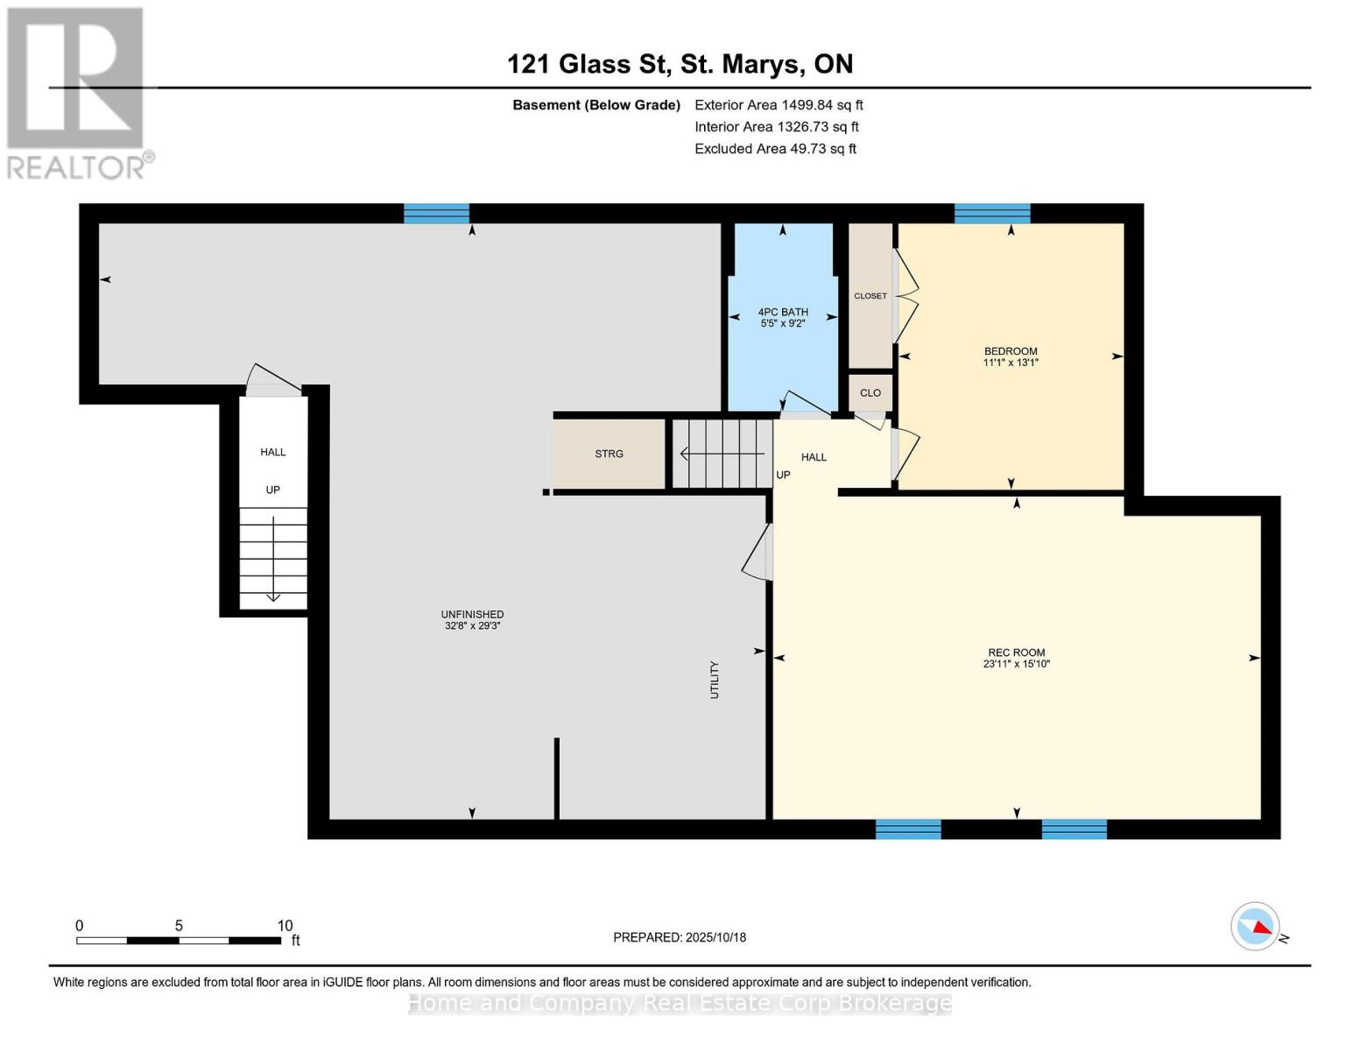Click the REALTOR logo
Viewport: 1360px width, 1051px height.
click(77, 92)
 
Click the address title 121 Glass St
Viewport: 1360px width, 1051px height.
click(680, 64)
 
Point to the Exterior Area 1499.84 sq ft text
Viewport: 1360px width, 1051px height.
click(779, 105)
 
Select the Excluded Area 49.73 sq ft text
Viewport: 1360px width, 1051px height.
click(775, 149)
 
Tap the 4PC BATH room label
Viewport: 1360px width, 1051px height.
click(783, 317)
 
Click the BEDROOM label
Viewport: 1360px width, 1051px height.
click(1011, 356)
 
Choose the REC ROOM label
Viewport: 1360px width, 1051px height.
click(1016, 658)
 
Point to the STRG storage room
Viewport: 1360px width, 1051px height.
click(609, 454)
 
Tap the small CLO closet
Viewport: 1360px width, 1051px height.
click(870, 392)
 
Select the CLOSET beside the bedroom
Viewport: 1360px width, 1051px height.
click(870, 296)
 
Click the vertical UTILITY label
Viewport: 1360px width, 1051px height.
click(715, 680)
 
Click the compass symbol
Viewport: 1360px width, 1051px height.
click(1256, 927)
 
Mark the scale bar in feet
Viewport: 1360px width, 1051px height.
click(179, 940)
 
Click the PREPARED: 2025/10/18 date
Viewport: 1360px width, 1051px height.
click(680, 937)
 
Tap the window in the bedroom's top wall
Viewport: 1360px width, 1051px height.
click(991, 214)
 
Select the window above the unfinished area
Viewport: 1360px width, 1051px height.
click(436, 214)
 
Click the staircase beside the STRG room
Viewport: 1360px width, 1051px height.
click(722, 454)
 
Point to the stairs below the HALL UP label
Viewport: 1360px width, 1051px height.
click(273, 558)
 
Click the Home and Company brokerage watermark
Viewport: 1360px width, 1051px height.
click(680, 1003)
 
